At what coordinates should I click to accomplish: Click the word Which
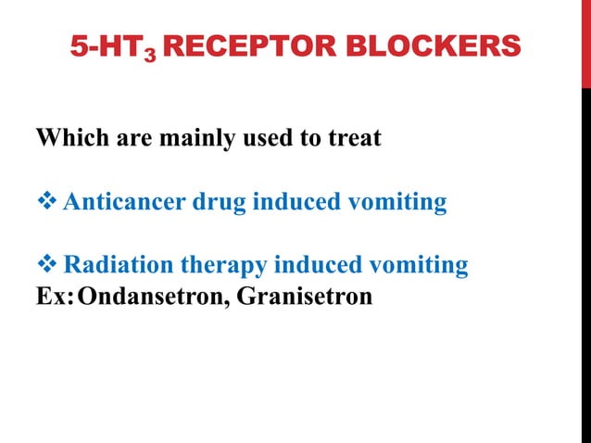point(69,140)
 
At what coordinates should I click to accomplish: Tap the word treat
point(351,140)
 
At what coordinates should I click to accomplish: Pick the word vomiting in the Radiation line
point(421,266)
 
